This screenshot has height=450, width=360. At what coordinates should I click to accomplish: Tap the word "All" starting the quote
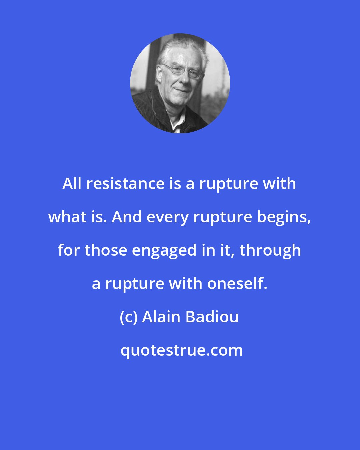click(x=72, y=184)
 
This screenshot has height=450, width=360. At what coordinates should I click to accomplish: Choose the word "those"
click(x=106, y=250)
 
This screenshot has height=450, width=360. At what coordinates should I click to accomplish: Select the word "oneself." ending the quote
click(x=237, y=284)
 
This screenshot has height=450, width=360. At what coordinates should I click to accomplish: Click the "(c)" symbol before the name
click(x=128, y=317)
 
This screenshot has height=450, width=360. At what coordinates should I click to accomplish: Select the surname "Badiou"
click(x=212, y=317)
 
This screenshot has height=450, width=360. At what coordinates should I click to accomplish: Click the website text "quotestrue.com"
click(x=181, y=350)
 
